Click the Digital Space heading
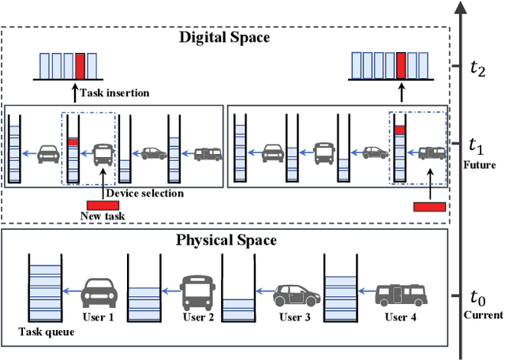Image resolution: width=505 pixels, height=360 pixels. point(224,37)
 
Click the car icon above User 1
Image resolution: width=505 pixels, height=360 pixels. point(100,291)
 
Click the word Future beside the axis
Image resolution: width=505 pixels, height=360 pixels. point(480,165)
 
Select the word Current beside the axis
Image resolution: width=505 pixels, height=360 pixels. point(483,315)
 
